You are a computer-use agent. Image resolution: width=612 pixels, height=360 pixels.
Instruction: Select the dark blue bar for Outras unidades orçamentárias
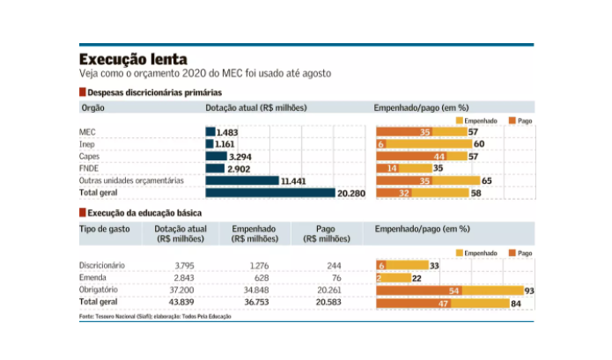(242, 180)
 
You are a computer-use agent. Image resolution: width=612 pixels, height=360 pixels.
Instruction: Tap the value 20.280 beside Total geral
(350, 193)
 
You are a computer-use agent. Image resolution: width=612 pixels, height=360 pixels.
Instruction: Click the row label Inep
(89, 143)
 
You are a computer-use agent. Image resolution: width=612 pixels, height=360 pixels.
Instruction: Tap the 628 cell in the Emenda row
(262, 277)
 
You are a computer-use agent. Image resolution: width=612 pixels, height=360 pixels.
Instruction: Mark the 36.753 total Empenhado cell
(256, 303)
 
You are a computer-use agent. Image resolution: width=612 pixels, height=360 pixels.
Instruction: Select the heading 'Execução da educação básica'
(141, 213)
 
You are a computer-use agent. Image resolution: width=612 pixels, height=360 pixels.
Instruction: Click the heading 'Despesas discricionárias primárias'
(151, 92)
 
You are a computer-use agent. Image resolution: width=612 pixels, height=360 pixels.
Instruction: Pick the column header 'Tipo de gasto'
(105, 229)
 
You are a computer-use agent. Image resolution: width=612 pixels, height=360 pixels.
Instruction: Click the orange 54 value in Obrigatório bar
(454, 290)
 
